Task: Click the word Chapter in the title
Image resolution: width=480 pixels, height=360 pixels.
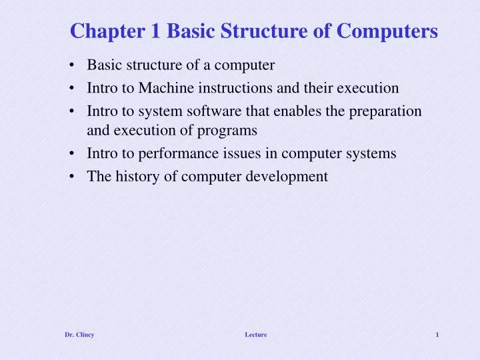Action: coord(101,31)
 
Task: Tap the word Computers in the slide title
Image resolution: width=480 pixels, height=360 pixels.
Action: coord(392,31)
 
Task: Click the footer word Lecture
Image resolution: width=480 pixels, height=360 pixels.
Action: coord(255,335)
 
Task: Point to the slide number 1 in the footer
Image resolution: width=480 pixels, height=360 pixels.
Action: coord(437,335)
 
